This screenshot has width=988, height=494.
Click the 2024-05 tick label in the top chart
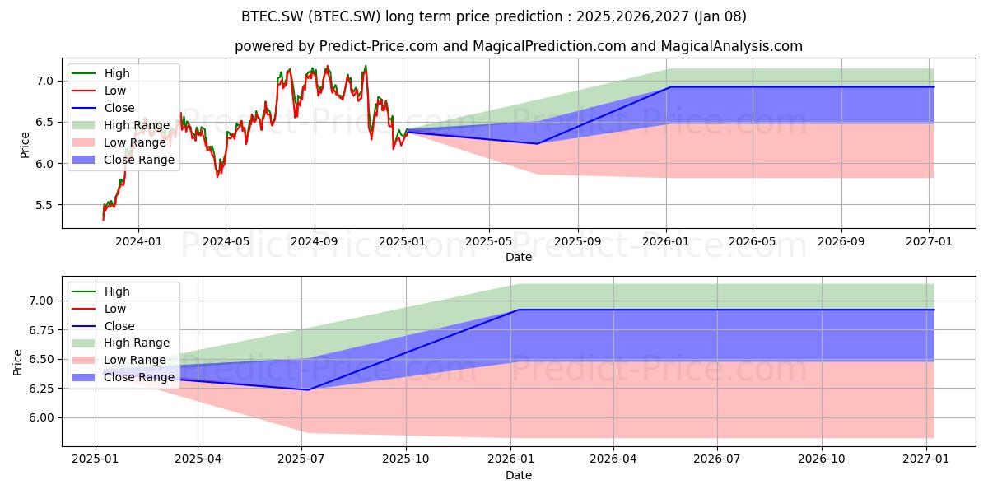226,242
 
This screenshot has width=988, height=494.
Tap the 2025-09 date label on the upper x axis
577,242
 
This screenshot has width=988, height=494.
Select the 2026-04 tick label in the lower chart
613,459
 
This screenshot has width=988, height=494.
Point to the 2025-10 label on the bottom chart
406,459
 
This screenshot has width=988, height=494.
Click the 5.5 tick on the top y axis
44,205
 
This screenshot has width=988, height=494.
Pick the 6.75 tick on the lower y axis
41,330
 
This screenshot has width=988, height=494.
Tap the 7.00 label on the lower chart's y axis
41,301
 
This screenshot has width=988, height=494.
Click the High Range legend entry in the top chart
121,125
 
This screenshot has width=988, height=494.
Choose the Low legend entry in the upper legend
99,91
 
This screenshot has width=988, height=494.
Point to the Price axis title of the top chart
25,145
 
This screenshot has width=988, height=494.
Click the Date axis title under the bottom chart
519,476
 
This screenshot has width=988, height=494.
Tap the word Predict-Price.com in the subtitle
379,46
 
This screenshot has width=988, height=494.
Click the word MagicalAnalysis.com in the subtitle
732,46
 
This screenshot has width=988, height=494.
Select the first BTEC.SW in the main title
273,16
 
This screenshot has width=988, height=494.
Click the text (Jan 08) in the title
720,16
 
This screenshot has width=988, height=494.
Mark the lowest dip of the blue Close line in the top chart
537,144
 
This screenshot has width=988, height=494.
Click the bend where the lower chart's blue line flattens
518,310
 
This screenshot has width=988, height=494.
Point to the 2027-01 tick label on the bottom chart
926,459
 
